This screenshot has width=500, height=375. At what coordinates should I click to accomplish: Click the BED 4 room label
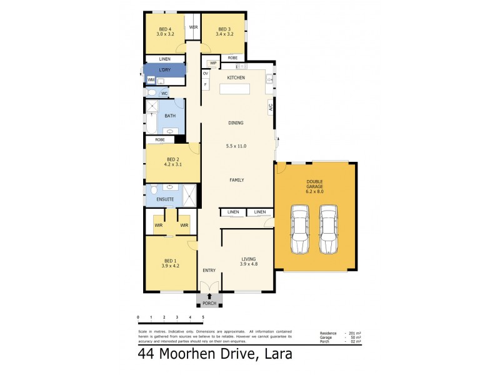[165, 29]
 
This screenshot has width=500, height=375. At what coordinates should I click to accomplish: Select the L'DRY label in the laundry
[165, 70]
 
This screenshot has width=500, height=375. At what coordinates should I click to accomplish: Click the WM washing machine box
[151, 80]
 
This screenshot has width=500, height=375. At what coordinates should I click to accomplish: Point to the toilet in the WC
[152, 93]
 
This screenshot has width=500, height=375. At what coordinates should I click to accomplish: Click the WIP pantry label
[213, 63]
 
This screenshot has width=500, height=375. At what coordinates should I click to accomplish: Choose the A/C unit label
[271, 106]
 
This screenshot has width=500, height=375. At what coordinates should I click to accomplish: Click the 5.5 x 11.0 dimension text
[236, 146]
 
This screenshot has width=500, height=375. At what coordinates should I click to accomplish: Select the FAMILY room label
[236, 180]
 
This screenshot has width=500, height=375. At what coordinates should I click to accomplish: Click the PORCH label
[209, 303]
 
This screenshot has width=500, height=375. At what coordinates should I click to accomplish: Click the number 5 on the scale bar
[203, 318]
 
